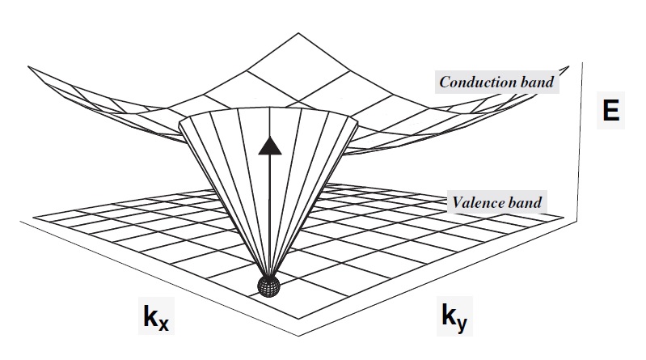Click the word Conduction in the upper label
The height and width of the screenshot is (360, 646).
[471, 81]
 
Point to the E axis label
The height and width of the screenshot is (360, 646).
[611, 110]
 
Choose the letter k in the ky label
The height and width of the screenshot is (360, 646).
[450, 314]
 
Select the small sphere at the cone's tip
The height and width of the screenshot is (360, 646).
[267, 285]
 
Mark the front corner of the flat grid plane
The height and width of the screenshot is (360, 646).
[298, 334]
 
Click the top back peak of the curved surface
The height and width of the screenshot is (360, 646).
[299, 33]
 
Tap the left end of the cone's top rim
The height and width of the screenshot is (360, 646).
[179, 121]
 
